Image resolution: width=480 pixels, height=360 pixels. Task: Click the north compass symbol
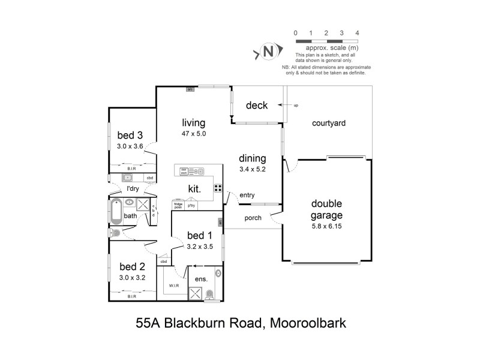(x=269, y=52)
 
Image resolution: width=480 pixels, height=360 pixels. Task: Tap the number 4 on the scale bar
(x=357, y=32)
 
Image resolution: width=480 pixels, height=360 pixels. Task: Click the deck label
(x=256, y=106)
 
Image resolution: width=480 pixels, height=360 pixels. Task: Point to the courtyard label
(x=329, y=123)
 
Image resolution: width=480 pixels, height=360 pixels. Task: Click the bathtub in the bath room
(x=116, y=211)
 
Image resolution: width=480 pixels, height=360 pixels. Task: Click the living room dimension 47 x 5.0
(x=194, y=134)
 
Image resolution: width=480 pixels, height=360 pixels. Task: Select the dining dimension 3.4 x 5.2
(x=253, y=169)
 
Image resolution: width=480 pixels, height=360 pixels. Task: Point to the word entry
(x=247, y=195)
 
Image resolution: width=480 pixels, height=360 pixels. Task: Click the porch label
(x=253, y=218)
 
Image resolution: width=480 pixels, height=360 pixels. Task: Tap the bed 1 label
(x=199, y=235)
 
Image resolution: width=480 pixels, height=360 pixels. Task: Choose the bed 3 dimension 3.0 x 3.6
(x=130, y=145)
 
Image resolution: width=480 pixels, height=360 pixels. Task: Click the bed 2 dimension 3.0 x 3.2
(x=131, y=277)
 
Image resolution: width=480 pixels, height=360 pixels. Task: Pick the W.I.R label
(x=175, y=285)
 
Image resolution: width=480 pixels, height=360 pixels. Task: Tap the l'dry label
(x=132, y=188)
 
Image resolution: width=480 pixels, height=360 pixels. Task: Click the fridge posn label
(x=178, y=206)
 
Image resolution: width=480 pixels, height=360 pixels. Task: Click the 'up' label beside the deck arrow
(x=295, y=106)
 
